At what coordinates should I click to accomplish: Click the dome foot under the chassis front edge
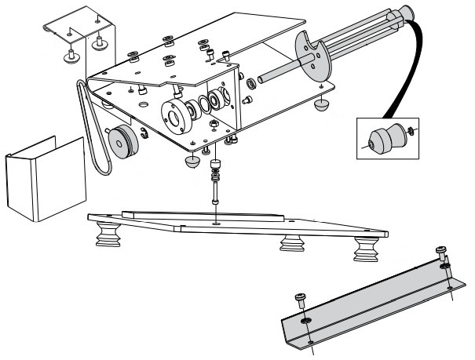(x=192, y=162)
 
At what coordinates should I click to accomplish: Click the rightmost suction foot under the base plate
(x=365, y=251)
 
